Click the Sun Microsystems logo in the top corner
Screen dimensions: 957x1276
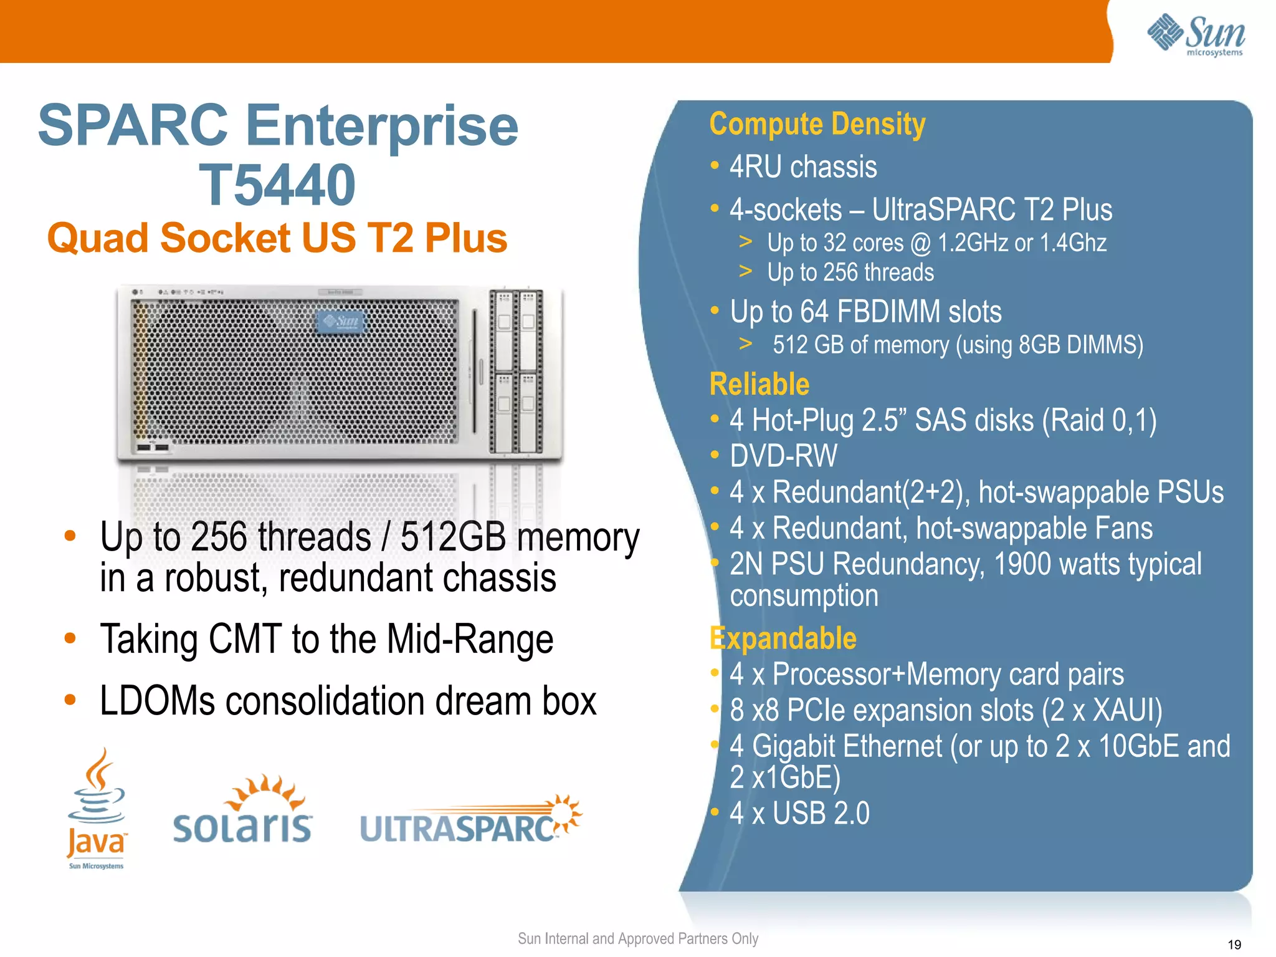pyautogui.click(x=1196, y=34)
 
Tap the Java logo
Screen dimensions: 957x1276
pyautogui.click(x=97, y=807)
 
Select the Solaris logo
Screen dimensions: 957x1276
pyautogui.click(x=243, y=810)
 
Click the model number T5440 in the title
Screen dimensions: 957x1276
pyautogui.click(x=277, y=185)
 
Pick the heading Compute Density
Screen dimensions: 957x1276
pyautogui.click(x=817, y=124)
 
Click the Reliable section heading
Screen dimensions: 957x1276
pyautogui.click(x=759, y=384)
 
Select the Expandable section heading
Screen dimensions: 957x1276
pyautogui.click(x=783, y=638)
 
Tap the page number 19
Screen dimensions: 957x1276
pyautogui.click(x=1234, y=945)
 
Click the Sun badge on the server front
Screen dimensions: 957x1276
pyautogui.click(x=341, y=322)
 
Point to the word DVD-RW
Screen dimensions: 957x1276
pyautogui.click(x=784, y=456)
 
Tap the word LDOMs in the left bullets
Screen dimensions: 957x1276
pyautogui.click(x=158, y=701)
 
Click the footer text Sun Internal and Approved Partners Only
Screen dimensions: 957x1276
pyautogui.click(x=638, y=939)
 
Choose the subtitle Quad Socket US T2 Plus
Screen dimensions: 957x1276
pyautogui.click(x=277, y=238)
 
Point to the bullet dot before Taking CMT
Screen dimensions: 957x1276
pyautogui.click(x=70, y=639)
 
